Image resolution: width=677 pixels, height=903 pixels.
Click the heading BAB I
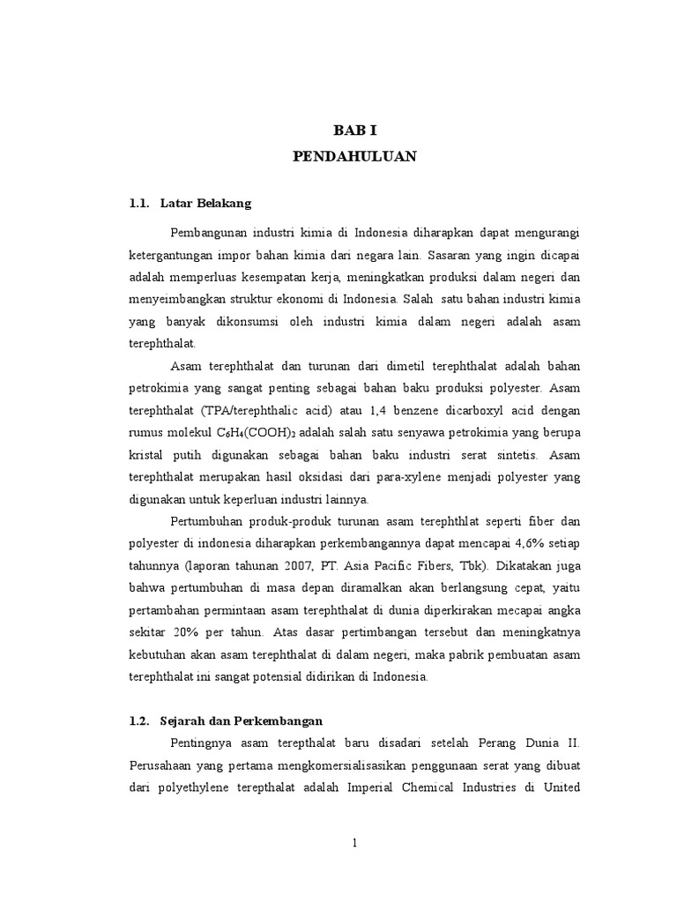(354, 131)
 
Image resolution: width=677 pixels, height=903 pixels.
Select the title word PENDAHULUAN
(354, 157)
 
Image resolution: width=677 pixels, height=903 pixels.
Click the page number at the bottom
(354, 843)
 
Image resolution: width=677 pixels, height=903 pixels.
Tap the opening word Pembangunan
(209, 233)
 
